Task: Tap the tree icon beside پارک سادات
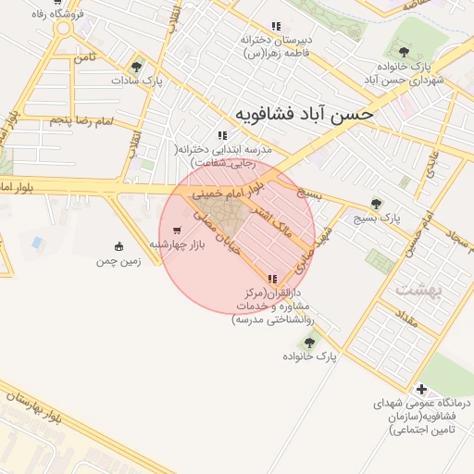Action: [x=137, y=67]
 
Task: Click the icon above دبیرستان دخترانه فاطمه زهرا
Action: [x=275, y=26]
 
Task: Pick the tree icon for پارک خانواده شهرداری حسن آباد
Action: [x=402, y=51]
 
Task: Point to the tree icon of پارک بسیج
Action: [x=375, y=204]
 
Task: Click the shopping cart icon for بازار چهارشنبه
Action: [x=177, y=231]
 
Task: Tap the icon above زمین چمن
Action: [x=118, y=246]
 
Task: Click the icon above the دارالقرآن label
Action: [x=271, y=279]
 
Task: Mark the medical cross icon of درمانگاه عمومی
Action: [x=422, y=389]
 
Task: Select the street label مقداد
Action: [x=406, y=324]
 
